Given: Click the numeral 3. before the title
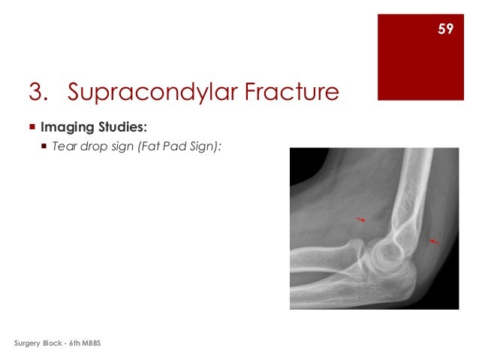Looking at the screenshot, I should coord(42,92).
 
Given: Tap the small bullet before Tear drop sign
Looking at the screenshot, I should coord(44,147).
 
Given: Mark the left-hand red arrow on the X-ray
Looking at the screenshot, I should coord(362,219).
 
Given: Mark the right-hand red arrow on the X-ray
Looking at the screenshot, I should coord(432,241).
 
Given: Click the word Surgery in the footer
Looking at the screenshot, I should coord(30,343).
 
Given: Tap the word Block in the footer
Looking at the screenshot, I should coord(60,343).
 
